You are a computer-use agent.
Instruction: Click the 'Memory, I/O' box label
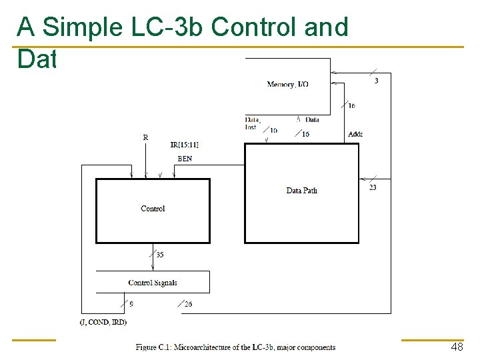pos(287,84)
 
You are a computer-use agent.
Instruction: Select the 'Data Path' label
pos(301,191)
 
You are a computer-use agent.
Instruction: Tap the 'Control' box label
pos(153,209)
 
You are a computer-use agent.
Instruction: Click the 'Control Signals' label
pos(153,283)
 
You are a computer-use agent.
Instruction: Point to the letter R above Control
pos(145,137)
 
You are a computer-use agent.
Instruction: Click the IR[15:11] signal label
pos(184,145)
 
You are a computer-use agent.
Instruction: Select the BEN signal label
pos(184,159)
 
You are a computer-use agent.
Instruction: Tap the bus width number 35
pos(160,254)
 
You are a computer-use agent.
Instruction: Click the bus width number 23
pos(373,187)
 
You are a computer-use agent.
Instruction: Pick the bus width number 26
pos(189,305)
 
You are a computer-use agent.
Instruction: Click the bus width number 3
pos(377,81)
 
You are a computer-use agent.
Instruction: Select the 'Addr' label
pos(355,135)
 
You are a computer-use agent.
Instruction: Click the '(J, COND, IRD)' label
pos(103,322)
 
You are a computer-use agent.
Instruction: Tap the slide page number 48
pos(457,347)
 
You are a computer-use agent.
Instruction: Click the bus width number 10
pos(273,131)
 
